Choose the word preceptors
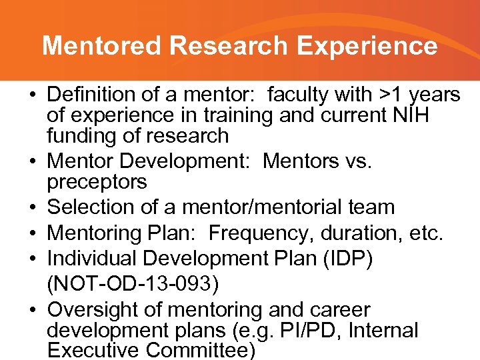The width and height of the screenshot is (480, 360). click(x=97, y=181)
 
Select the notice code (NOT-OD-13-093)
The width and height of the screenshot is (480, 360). click(x=133, y=284)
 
